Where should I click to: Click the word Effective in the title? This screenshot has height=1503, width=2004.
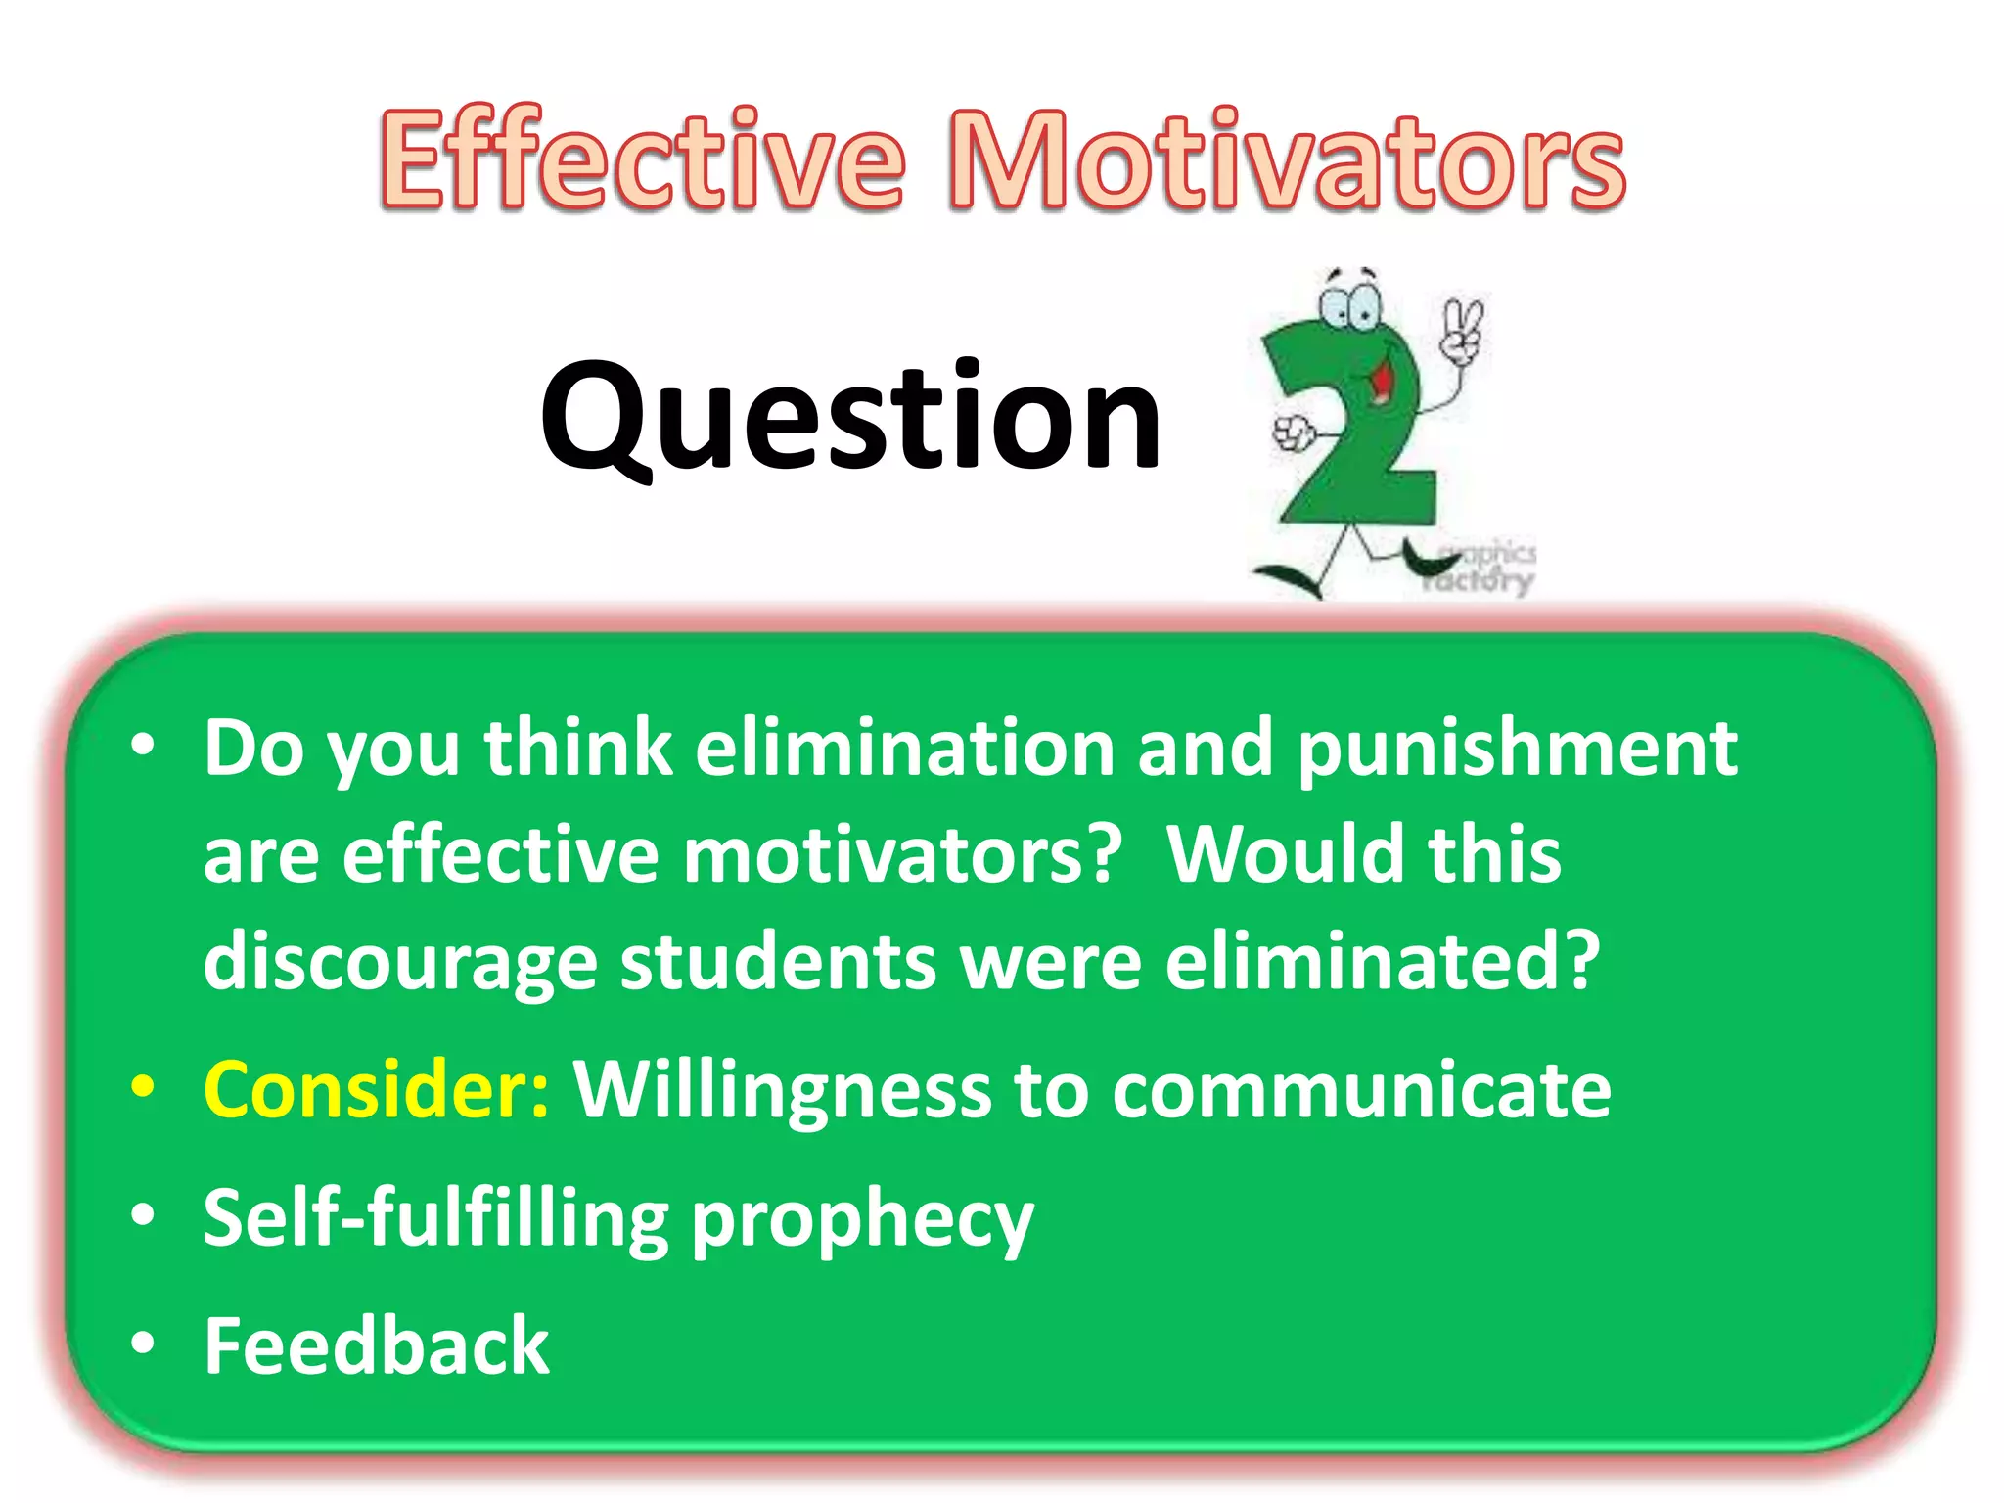tap(642, 159)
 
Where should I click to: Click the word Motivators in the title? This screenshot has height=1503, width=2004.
tap(1286, 159)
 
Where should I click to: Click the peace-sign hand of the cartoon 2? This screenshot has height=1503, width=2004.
tap(1463, 332)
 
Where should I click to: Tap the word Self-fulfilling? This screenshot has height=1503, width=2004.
tap(435, 1218)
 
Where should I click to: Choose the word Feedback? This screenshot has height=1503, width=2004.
tap(377, 1345)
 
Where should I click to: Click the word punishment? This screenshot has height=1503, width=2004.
tap(1518, 749)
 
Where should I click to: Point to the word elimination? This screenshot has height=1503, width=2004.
tap(905, 749)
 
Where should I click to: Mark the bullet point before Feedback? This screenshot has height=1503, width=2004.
tap(143, 1344)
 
